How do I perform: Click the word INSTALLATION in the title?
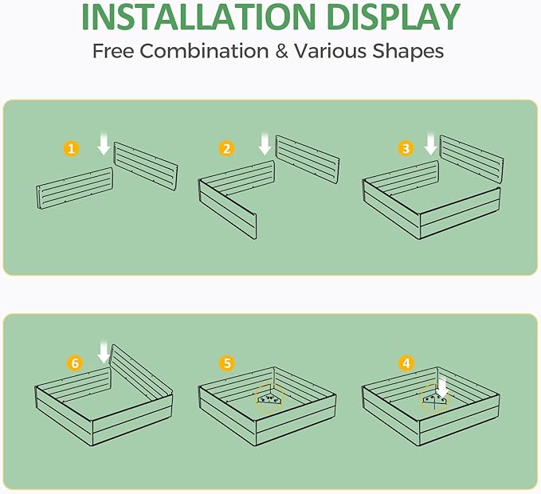click(x=198, y=17)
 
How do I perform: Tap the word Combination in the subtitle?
click(x=204, y=51)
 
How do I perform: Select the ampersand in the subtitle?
click(x=282, y=51)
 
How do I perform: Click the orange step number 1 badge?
click(x=72, y=149)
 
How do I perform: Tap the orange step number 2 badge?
click(x=227, y=149)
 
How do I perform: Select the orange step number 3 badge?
click(x=406, y=148)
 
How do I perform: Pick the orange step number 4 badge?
click(x=407, y=363)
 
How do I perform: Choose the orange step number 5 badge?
click(x=227, y=363)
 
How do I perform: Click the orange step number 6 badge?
click(x=75, y=363)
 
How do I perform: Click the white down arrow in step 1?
click(x=104, y=145)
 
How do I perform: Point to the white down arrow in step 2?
click(x=265, y=144)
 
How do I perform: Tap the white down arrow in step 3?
click(x=430, y=144)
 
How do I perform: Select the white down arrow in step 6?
click(x=104, y=352)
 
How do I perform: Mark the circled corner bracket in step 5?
click(x=270, y=398)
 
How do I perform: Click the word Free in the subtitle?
click(x=113, y=51)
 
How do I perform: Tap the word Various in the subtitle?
click(x=330, y=51)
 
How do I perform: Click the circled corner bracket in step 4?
click(x=435, y=398)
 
